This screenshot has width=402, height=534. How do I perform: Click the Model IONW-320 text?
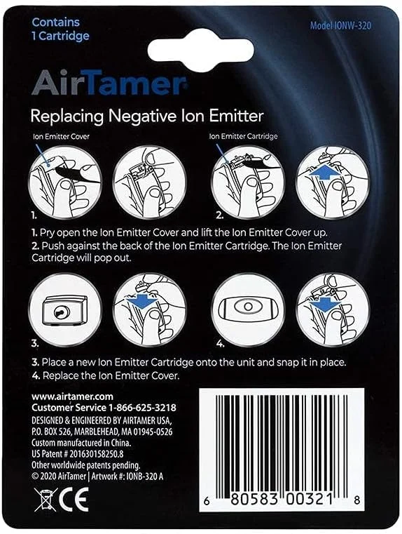coord(340,25)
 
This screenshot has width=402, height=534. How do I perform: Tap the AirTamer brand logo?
coord(109,83)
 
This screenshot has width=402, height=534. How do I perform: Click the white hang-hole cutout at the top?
coord(200,51)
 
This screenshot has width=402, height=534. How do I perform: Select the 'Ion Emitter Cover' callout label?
coord(61,137)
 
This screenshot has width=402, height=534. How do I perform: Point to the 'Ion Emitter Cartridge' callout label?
coord(243,137)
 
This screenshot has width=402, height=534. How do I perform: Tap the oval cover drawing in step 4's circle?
coord(248,307)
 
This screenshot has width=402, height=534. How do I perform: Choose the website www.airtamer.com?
coord(72,396)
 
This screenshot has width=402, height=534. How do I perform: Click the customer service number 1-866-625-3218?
coord(142,408)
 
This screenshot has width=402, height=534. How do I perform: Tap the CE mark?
coord(74,499)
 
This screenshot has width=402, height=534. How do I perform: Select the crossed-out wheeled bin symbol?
coord(46,500)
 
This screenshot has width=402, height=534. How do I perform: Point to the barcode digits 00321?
coord(309,500)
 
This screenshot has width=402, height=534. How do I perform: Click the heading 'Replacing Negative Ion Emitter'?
coord(147,116)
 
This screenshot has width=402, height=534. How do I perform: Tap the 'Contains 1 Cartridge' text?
coord(60,29)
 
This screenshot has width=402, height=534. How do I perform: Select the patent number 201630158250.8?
coord(96,454)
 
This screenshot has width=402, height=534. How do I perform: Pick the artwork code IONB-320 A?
coord(145,476)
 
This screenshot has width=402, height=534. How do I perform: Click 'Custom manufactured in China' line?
coord(81,443)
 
